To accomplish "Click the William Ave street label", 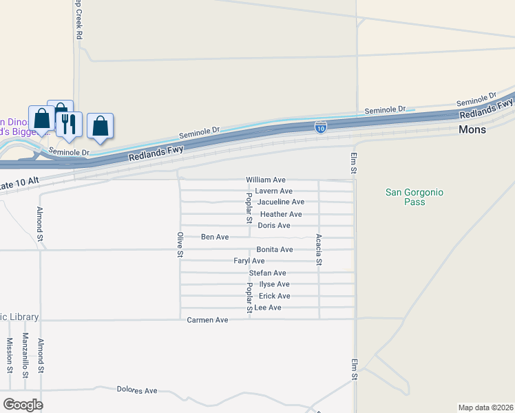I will point(266,180).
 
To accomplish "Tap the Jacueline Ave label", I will point(280,202).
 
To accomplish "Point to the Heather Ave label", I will point(281,214).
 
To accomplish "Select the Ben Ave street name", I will point(215,237).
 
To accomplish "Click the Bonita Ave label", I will point(275,249).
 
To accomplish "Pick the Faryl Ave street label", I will point(249,261).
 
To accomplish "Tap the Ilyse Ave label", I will point(274,284).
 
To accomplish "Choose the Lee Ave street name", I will point(268,308).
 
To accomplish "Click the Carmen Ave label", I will point(207,320).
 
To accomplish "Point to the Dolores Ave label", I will point(137,390).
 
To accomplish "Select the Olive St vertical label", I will point(180,244).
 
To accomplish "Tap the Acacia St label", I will point(319,249).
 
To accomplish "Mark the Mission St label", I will point(10,354).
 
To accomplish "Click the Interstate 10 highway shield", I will point(321,127).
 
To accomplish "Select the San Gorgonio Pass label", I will point(414,197).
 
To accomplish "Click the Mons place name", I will point(473,129).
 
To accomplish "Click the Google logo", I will point(23,405).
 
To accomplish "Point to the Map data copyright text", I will point(485,407).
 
